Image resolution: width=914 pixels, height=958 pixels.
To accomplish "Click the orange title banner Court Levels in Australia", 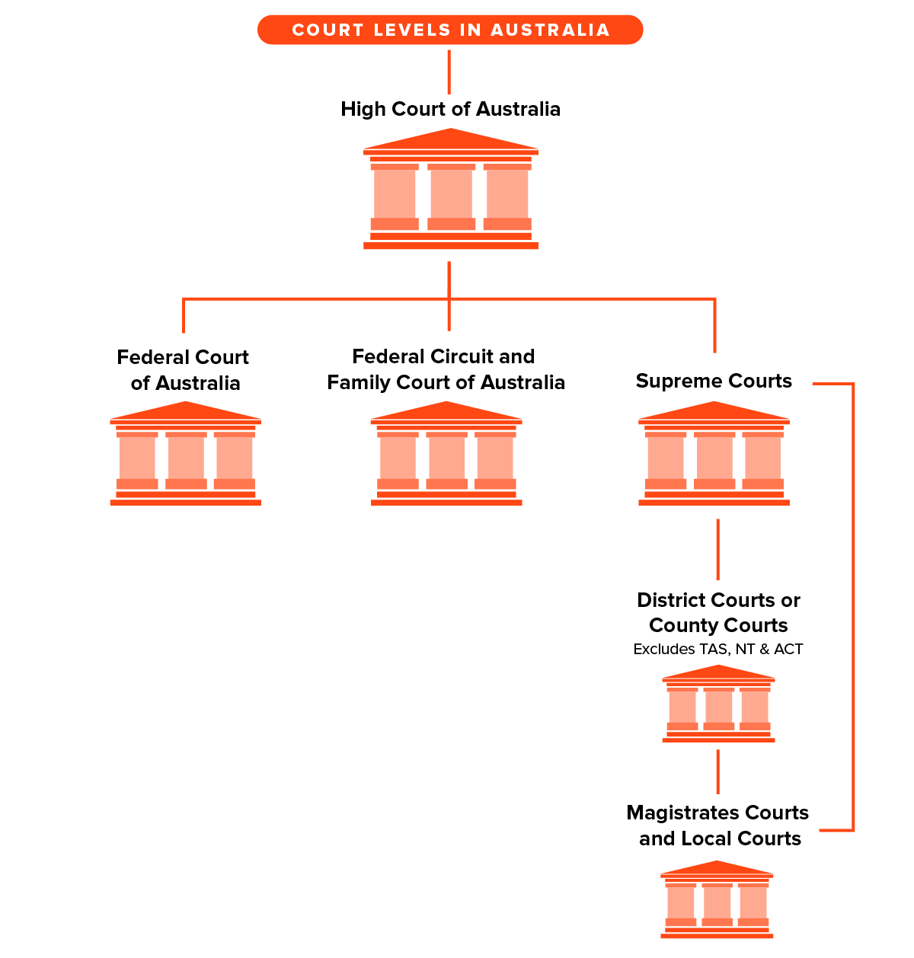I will [450, 30].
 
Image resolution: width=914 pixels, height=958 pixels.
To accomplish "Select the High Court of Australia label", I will [450, 109].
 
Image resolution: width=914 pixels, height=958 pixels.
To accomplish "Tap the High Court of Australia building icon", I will [451, 190].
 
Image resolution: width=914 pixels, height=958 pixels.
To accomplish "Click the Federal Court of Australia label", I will [184, 370].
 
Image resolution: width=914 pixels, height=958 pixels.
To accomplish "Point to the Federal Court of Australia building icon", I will [186, 455].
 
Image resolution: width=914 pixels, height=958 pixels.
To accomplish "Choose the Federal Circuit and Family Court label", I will [446, 369].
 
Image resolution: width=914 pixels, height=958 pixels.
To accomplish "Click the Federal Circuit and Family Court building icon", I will [446, 455].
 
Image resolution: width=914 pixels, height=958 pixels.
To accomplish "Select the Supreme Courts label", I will [714, 381].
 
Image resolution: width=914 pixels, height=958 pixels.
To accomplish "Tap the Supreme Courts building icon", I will [714, 455].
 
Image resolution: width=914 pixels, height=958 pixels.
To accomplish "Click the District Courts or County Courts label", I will [718, 612].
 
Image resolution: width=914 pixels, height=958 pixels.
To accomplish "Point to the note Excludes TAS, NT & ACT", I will [718, 649].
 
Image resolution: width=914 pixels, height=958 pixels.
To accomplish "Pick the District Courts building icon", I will [718, 704].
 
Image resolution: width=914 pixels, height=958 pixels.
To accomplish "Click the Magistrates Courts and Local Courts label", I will [718, 825].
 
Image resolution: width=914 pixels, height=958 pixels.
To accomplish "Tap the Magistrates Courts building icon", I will [717, 900].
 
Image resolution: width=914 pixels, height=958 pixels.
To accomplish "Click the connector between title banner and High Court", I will [449, 72].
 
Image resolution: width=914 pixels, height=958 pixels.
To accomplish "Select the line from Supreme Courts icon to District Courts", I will [717, 549].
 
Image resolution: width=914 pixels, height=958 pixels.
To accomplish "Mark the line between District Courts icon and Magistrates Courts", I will [717, 771].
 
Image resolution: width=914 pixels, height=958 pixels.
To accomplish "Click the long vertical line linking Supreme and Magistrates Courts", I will [852, 609].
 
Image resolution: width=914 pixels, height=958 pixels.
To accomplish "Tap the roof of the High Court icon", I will [451, 140].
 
